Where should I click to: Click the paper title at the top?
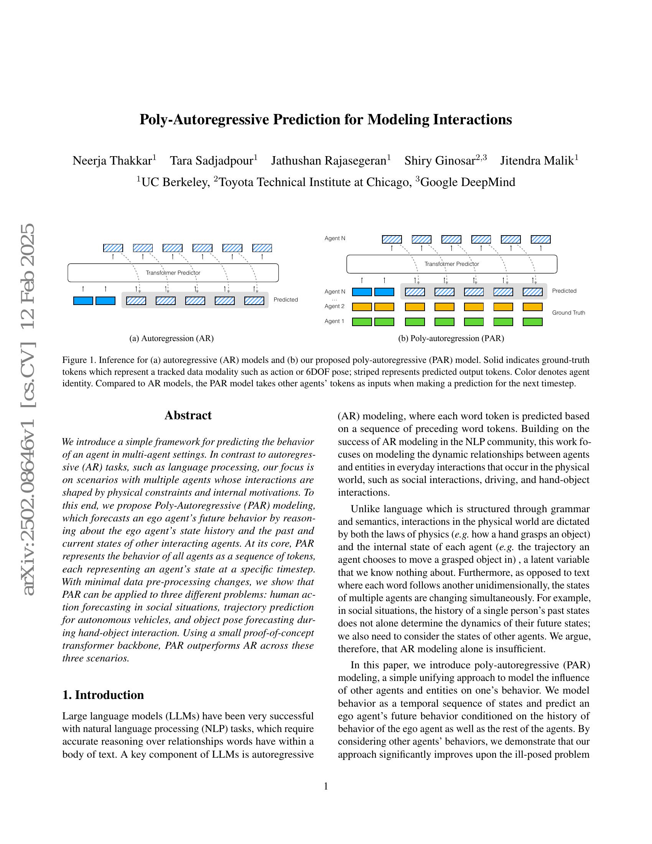(326, 119)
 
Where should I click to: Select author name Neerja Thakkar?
(112, 160)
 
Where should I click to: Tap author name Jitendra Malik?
(537, 160)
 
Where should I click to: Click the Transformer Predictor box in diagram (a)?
(173, 273)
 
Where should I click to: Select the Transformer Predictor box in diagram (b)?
(451, 264)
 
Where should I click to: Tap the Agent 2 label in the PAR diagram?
(334, 307)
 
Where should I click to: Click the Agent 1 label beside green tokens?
(334, 321)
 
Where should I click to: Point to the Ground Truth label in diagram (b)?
(568, 313)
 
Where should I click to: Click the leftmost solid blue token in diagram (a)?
(83, 301)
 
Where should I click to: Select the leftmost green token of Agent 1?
(362, 322)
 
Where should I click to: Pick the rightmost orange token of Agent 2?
(532, 307)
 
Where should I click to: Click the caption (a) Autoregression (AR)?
(171, 338)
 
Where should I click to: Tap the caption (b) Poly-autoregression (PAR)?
(451, 338)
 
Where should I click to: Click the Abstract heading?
(188, 415)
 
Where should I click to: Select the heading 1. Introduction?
(103, 695)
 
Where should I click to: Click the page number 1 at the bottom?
(326, 786)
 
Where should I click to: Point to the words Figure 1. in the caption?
(79, 360)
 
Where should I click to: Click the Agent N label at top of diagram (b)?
(335, 239)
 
